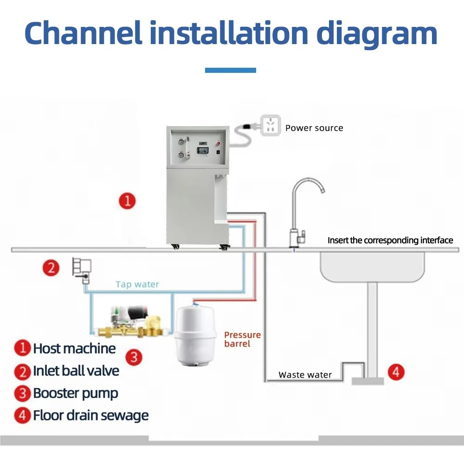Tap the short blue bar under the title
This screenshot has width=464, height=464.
(231, 70)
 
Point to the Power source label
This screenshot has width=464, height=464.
(314, 128)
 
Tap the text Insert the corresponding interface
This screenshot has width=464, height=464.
(390, 240)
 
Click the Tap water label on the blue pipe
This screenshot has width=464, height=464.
(137, 284)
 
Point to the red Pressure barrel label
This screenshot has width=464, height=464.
(242, 339)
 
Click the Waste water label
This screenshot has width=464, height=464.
(305, 375)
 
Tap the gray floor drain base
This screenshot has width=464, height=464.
(367, 381)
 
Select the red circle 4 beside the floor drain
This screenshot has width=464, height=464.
(396, 372)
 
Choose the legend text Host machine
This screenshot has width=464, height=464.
(74, 348)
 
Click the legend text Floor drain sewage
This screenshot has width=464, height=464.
(90, 415)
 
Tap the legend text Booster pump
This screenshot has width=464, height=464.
(75, 393)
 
